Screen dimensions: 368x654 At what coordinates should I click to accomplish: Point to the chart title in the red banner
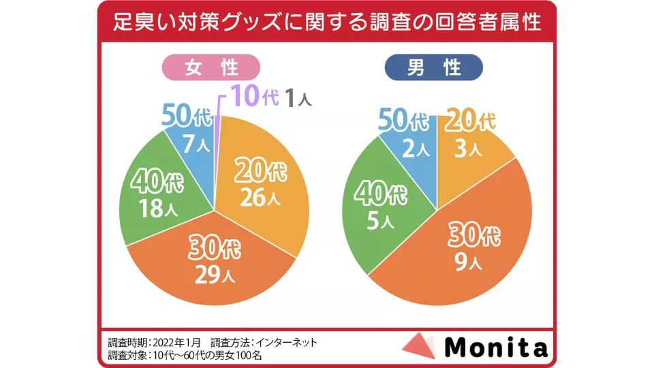pos(327,22)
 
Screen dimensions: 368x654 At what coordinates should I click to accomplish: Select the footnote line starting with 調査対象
pos(185,355)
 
